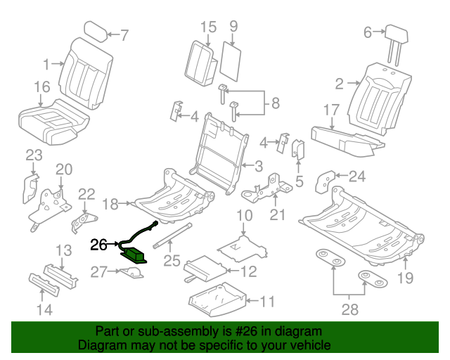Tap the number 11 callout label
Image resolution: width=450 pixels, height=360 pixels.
tap(267, 302)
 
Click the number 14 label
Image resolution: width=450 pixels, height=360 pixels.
tap(44, 310)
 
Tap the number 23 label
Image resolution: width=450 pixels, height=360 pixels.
tap(34, 155)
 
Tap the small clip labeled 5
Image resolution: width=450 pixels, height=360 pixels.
tap(297, 150)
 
